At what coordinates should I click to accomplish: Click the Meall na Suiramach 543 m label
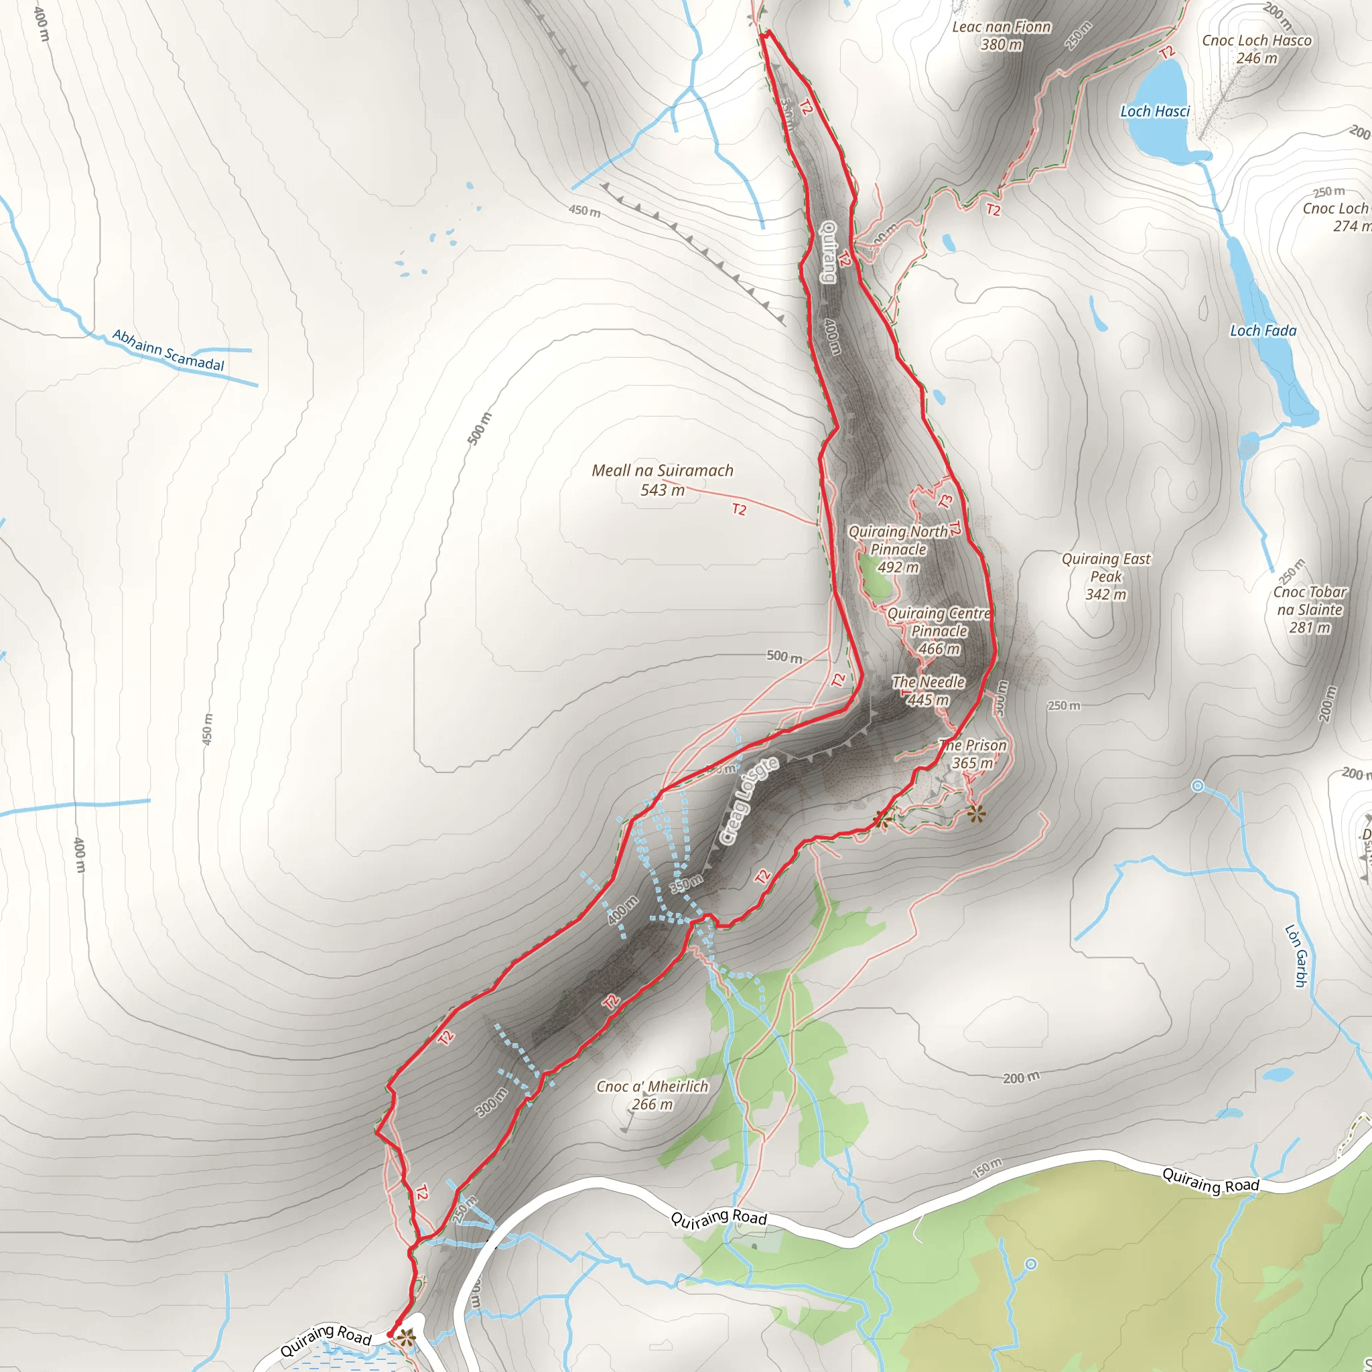pyautogui.click(x=662, y=480)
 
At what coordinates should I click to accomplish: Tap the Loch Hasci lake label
pyautogui.click(x=1155, y=111)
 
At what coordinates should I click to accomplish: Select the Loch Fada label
pyautogui.click(x=1263, y=331)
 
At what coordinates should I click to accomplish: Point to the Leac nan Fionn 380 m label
pyautogui.click(x=1002, y=36)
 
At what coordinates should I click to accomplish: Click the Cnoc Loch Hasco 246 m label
pyautogui.click(x=1256, y=49)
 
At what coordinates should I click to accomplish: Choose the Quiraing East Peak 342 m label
pyautogui.click(x=1105, y=577)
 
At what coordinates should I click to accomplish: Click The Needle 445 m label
pyautogui.click(x=928, y=691)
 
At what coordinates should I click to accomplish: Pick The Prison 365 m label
pyautogui.click(x=972, y=754)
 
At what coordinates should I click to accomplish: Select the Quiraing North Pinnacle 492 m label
pyautogui.click(x=898, y=549)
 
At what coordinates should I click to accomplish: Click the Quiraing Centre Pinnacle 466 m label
pyautogui.click(x=939, y=630)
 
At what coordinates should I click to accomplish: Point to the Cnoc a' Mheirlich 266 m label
pyautogui.click(x=652, y=1095)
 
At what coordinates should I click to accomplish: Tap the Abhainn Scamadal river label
pyautogui.click(x=168, y=350)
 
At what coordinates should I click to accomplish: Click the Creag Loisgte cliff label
pyautogui.click(x=748, y=801)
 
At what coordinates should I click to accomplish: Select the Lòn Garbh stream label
pyautogui.click(x=1296, y=955)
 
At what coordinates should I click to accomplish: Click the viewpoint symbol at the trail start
pyautogui.click(x=405, y=1338)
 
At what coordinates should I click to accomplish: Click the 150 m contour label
pyautogui.click(x=986, y=1167)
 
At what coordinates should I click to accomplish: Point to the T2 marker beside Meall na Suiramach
pyautogui.click(x=740, y=509)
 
